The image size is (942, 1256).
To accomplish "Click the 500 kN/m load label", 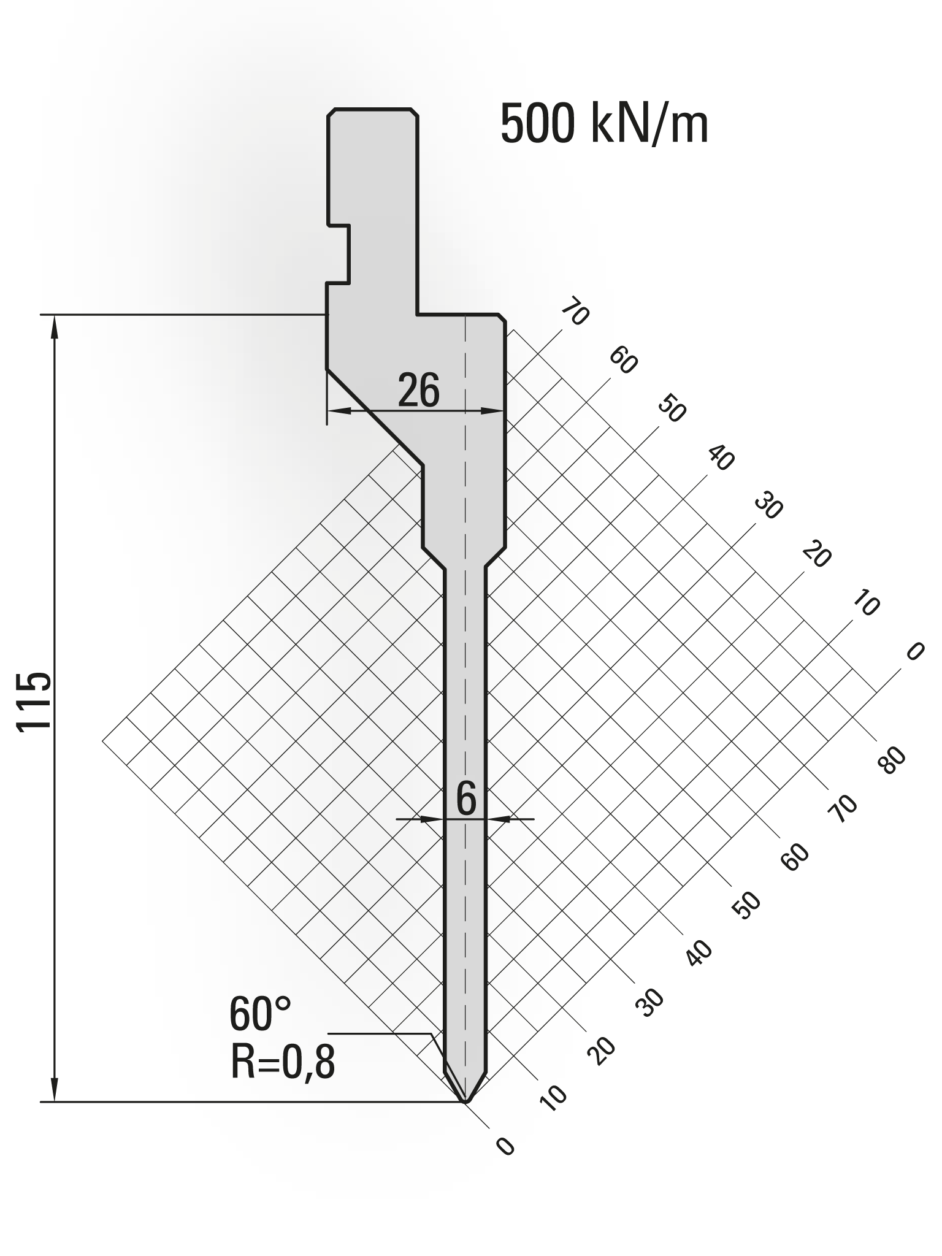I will (x=604, y=124).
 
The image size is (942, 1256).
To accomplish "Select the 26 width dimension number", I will (x=419, y=391).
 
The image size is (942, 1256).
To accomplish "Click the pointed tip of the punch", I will (x=467, y=1102).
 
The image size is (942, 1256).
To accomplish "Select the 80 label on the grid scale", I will (x=892, y=761).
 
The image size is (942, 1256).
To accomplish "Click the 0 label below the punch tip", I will (x=505, y=1146).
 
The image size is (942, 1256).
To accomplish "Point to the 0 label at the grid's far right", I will (x=914, y=651).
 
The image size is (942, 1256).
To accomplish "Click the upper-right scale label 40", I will (x=721, y=458).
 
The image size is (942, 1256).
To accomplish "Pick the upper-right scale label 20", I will (x=817, y=555).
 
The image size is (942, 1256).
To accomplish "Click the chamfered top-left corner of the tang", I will (x=332, y=113).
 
